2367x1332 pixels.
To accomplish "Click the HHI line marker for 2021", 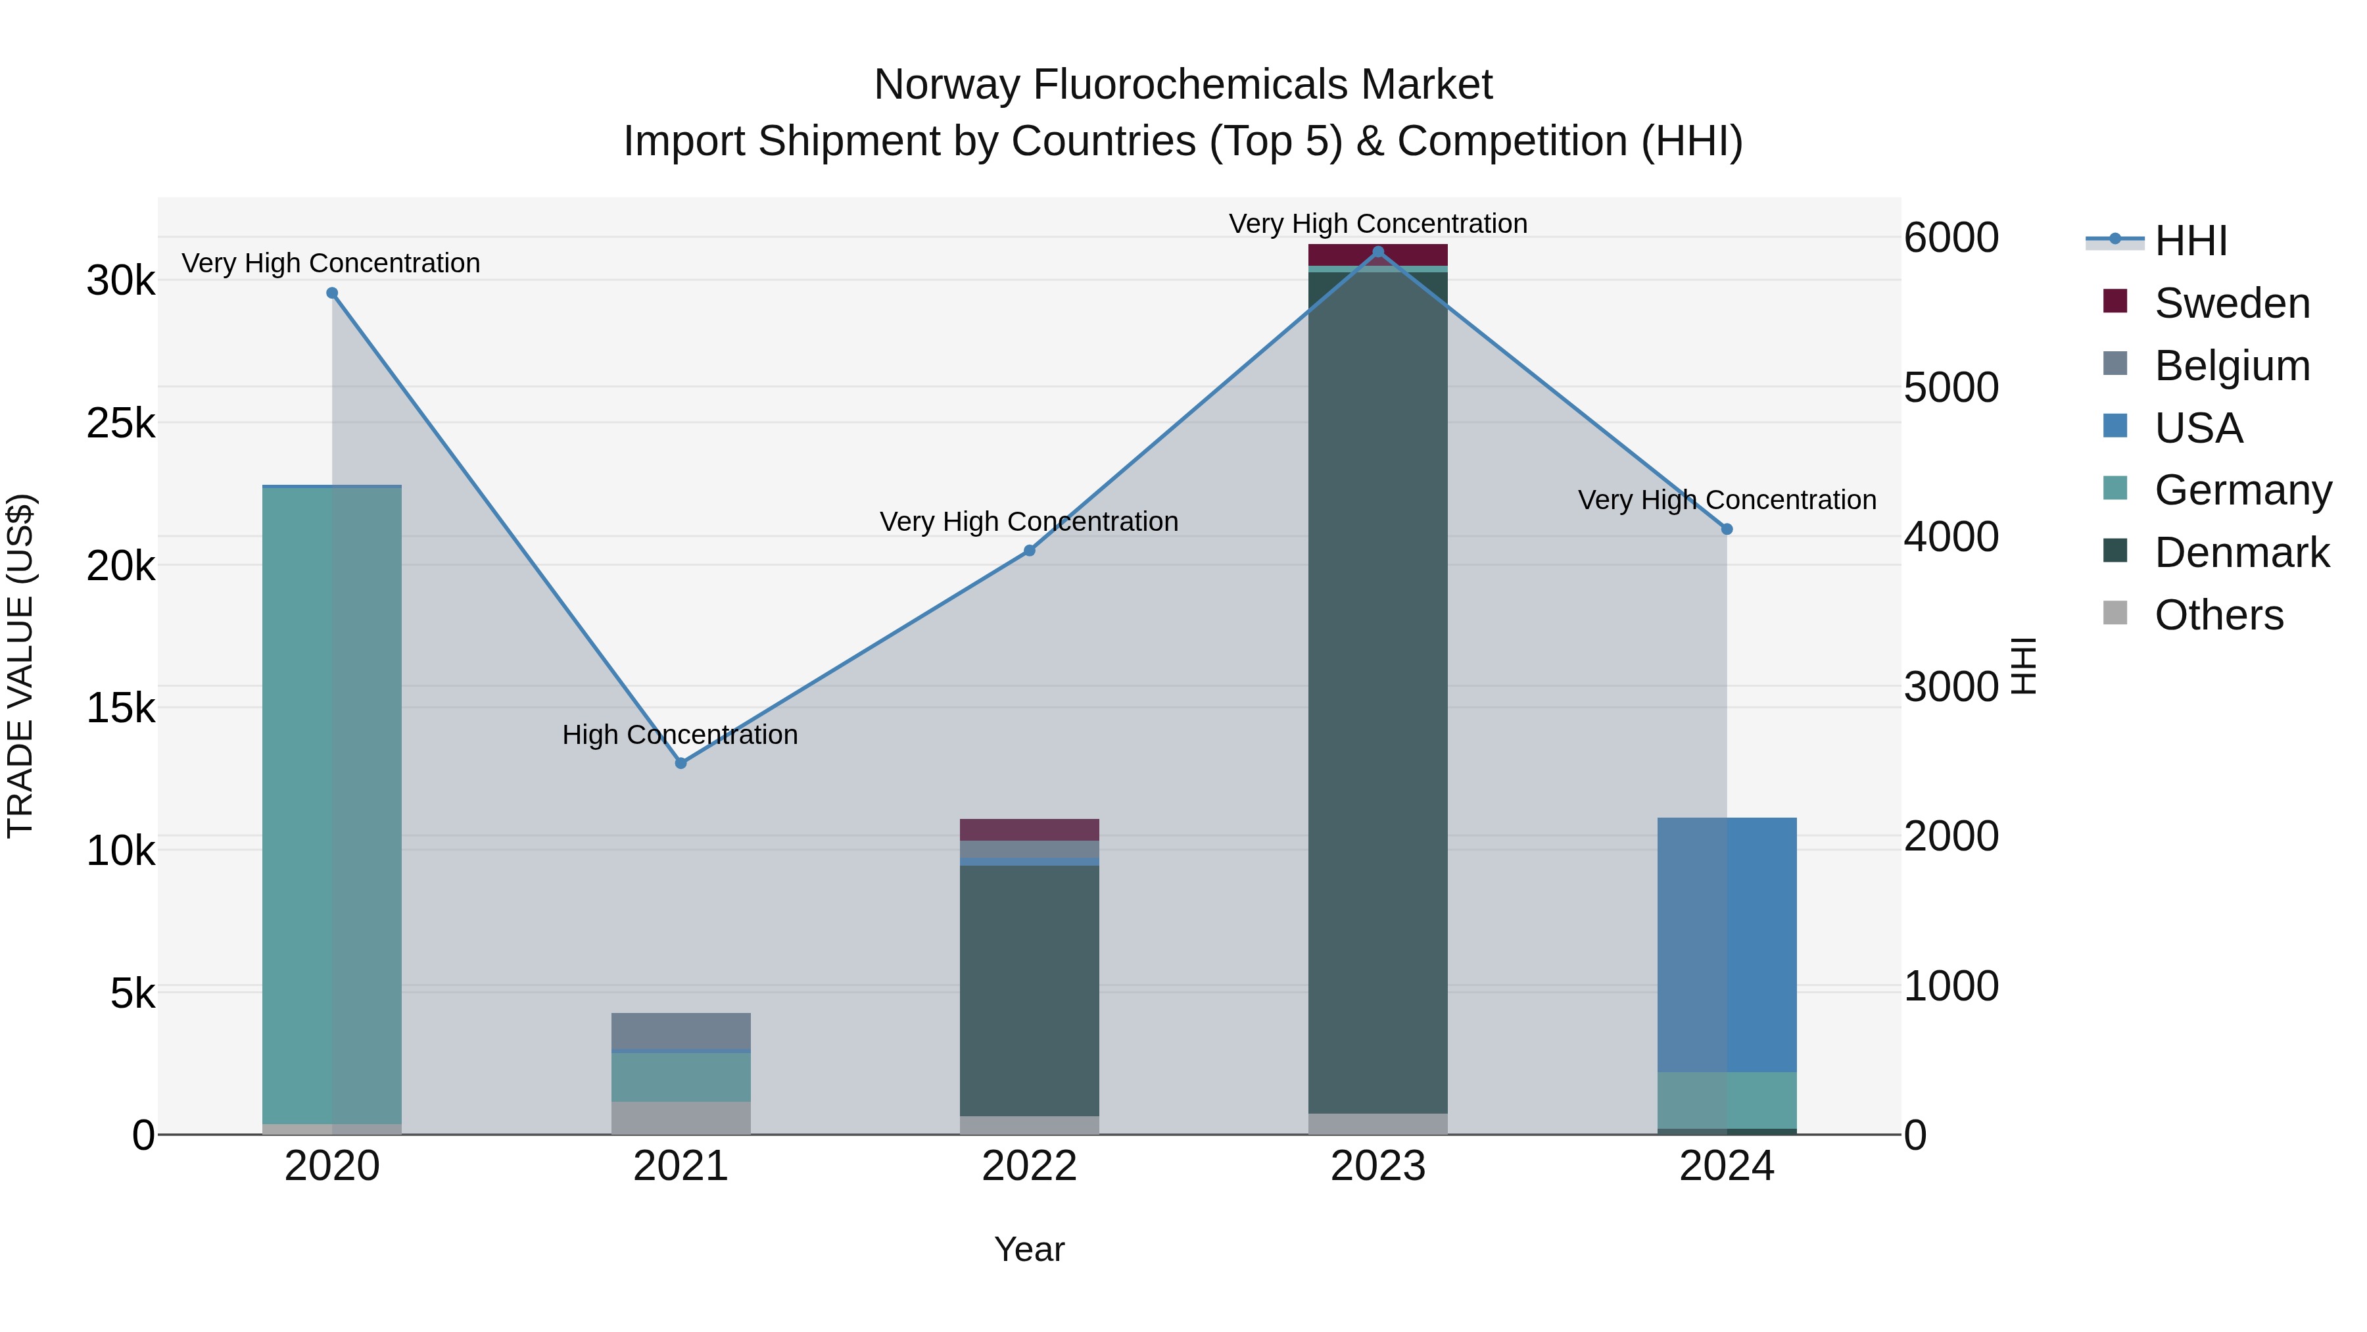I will tap(681, 763).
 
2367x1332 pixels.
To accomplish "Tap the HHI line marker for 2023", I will tap(1377, 252).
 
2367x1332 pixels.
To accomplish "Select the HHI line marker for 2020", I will tap(333, 293).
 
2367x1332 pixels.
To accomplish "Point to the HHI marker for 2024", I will tap(1727, 530).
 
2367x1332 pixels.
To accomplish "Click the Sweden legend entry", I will tap(2231, 303).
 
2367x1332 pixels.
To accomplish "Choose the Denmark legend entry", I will tap(2241, 553).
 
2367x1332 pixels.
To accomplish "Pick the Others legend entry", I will tap(2218, 615).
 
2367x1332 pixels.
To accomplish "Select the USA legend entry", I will tap(2198, 428).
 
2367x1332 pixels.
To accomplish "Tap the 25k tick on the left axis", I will tap(121, 424).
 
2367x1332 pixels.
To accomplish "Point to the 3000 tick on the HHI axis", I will tap(1951, 687).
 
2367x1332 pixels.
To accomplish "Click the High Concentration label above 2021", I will tap(680, 735).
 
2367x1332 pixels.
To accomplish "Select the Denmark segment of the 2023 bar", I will tap(1377, 689).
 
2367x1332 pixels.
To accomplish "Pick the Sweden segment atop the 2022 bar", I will tap(1029, 829).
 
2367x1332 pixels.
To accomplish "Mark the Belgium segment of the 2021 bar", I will tap(681, 1031).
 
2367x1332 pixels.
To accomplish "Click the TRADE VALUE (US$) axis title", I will tap(20, 666).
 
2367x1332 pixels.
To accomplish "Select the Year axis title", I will tap(1029, 1249).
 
